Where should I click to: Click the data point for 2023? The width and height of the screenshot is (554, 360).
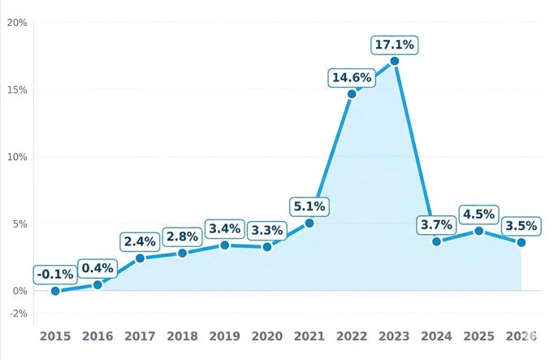394,61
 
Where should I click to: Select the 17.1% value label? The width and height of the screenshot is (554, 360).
394,45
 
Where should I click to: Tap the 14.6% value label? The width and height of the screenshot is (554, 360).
352,78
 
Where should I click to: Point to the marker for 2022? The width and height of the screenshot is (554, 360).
352,94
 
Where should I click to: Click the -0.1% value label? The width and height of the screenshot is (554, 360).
55,275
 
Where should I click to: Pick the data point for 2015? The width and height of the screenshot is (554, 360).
55,291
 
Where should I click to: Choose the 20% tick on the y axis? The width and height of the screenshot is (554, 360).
17,23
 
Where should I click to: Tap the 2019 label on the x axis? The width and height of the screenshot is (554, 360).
224,336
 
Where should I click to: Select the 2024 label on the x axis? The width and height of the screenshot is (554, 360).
436,336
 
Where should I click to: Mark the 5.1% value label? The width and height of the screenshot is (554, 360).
309,206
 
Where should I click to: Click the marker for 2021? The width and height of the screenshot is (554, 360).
309,223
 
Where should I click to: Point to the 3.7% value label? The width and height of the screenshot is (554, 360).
436,224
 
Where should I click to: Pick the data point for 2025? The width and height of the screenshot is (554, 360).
479,231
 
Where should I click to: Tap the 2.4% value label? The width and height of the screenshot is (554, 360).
140,241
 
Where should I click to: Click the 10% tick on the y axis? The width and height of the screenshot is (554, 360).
17,157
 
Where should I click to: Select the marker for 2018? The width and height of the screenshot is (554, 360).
182,253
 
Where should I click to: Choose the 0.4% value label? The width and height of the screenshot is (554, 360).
97,268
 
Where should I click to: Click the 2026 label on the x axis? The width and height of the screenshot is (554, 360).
521,336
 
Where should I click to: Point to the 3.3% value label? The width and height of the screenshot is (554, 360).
267,230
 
